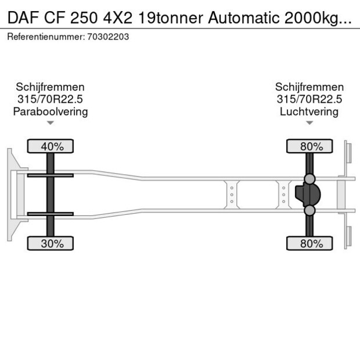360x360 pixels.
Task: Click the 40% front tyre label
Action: pos(51,146)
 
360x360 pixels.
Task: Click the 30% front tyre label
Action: pos(51,244)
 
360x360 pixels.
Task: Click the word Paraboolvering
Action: pos(51,111)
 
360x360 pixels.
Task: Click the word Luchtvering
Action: pos(309,111)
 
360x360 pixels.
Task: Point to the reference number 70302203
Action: pos(109,37)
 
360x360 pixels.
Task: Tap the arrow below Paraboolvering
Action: pos(51,123)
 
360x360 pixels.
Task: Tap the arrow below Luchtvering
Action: pos(309,123)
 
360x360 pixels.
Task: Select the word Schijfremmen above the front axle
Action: pos(51,87)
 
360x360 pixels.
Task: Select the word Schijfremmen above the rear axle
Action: pos(309,87)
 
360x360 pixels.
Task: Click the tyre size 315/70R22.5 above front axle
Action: pos(51,99)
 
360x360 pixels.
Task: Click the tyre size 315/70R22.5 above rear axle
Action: pos(309,99)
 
